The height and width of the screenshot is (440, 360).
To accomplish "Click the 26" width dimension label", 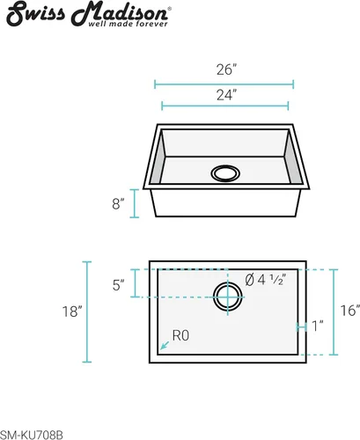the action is [226, 70].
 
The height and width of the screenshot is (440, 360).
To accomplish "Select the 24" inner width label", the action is [226, 95].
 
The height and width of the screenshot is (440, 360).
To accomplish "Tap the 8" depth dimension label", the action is [118, 203].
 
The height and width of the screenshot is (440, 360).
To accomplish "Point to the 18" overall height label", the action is [72, 312].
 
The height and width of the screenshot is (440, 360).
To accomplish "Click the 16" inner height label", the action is [350, 311].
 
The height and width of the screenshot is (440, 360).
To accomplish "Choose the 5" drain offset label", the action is [118, 285].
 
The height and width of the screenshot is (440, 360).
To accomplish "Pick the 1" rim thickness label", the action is [317, 326].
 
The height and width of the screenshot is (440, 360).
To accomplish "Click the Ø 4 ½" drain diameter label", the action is [265, 280].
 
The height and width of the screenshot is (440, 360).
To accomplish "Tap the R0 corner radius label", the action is [180, 335].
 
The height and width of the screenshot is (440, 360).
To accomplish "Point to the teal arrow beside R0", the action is [165, 345].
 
